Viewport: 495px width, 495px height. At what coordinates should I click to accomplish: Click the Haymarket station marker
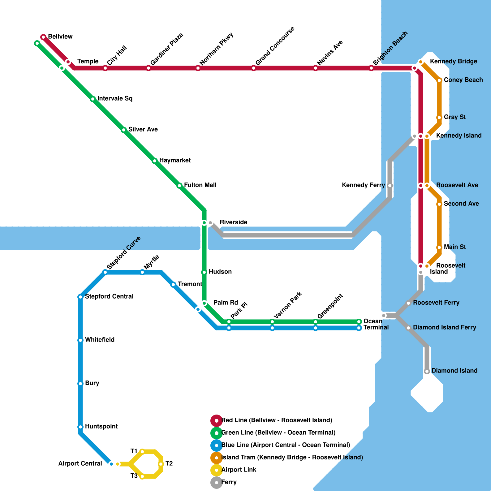[155, 161]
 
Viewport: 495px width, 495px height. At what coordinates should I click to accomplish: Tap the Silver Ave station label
[143, 129]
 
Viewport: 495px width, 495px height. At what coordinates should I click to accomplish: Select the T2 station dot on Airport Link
[161, 464]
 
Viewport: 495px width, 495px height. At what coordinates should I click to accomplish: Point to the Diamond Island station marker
[427, 371]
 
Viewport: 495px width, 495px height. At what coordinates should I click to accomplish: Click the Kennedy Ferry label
[363, 185]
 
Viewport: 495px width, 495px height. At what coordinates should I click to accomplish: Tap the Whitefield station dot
[80, 340]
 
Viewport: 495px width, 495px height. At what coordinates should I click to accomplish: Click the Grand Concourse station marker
[254, 68]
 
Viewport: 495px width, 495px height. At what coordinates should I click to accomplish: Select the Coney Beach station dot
[439, 80]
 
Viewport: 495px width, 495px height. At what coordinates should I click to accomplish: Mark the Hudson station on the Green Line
[204, 272]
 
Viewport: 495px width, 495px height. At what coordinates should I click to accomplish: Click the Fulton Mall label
[200, 185]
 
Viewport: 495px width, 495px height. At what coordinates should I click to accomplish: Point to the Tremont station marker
[173, 285]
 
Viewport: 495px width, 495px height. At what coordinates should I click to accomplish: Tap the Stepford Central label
[109, 296]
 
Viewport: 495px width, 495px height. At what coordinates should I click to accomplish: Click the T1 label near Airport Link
[134, 451]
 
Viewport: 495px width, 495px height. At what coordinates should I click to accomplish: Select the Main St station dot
[439, 247]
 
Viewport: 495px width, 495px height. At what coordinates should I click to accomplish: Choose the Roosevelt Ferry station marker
[408, 303]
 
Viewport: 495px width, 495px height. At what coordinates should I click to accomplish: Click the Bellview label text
[60, 37]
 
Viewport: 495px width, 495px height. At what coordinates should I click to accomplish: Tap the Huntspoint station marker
[80, 427]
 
